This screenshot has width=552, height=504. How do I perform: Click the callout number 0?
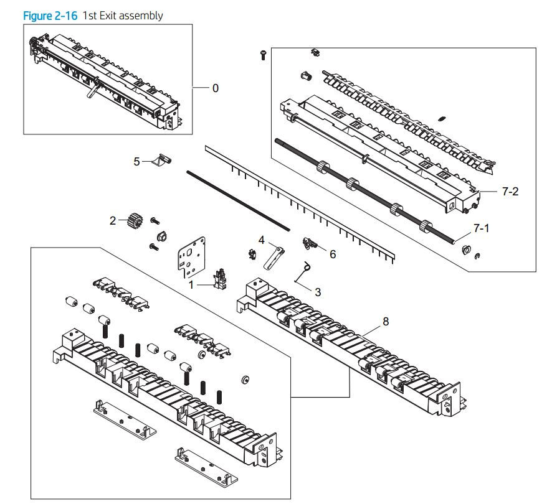(x=216, y=88)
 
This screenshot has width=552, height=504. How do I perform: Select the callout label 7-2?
(x=510, y=192)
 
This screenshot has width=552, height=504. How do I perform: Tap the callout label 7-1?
(x=480, y=229)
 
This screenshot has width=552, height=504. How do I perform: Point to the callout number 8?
(x=386, y=321)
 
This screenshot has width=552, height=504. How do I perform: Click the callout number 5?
(x=136, y=161)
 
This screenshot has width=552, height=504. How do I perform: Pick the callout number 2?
(x=113, y=220)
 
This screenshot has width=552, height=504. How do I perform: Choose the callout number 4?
(x=262, y=240)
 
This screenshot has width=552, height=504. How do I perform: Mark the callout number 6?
(x=333, y=254)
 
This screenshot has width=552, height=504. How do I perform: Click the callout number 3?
(x=318, y=291)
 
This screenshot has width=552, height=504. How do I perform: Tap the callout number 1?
(x=192, y=284)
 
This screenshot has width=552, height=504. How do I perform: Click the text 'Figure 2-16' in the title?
(x=50, y=16)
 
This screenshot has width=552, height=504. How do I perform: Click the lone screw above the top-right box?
(x=264, y=55)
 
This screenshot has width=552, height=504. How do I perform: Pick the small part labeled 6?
(x=310, y=244)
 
